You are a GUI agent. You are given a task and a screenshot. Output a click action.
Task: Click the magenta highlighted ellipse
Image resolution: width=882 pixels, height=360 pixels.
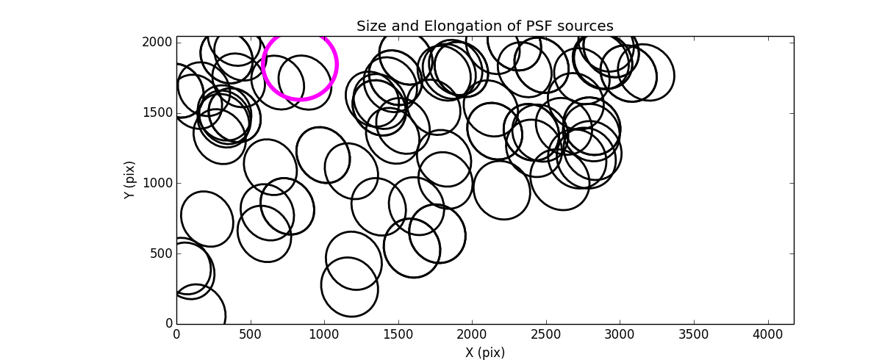click(x=300, y=65)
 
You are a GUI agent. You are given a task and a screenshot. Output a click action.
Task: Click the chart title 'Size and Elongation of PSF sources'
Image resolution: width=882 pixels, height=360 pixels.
click(x=484, y=26)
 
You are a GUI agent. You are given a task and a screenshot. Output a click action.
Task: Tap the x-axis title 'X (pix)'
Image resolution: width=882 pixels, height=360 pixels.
click(x=484, y=353)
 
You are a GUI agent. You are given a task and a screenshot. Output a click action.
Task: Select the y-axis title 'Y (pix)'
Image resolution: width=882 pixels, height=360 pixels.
click(x=129, y=180)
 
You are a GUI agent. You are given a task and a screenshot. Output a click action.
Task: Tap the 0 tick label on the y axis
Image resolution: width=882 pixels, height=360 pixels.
click(x=168, y=324)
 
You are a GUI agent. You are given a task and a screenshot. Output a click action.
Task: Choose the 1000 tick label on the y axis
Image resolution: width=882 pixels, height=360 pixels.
click(x=158, y=183)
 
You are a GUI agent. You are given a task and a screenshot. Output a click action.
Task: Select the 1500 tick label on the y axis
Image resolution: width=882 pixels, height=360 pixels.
click(x=158, y=112)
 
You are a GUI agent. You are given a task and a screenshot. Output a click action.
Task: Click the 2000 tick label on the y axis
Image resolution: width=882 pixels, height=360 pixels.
click(x=158, y=43)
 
